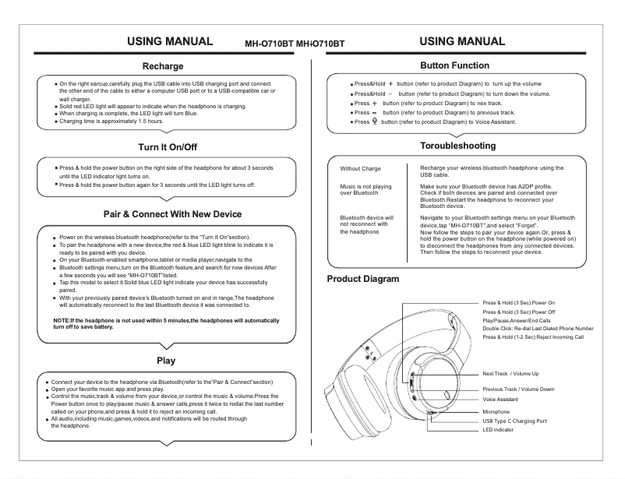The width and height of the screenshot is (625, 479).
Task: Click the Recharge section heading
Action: click(163, 67)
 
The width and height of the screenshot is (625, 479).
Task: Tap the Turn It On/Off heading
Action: click(163, 146)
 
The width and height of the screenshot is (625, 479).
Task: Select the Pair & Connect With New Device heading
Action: click(172, 214)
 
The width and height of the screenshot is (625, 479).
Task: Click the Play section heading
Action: click(165, 361)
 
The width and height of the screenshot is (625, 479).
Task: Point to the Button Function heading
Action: click(454, 65)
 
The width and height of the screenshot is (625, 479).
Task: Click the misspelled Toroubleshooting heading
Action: click(457, 146)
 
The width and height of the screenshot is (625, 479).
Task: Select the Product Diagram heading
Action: click(362, 279)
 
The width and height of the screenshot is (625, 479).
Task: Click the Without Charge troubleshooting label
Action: click(361, 168)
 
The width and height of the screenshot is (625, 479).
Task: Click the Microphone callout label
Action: click(496, 411)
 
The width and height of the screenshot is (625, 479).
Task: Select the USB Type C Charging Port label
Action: click(514, 421)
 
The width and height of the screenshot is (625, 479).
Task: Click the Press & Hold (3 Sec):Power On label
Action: click(518, 302)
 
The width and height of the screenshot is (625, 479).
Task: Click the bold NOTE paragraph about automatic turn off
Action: click(166, 324)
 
